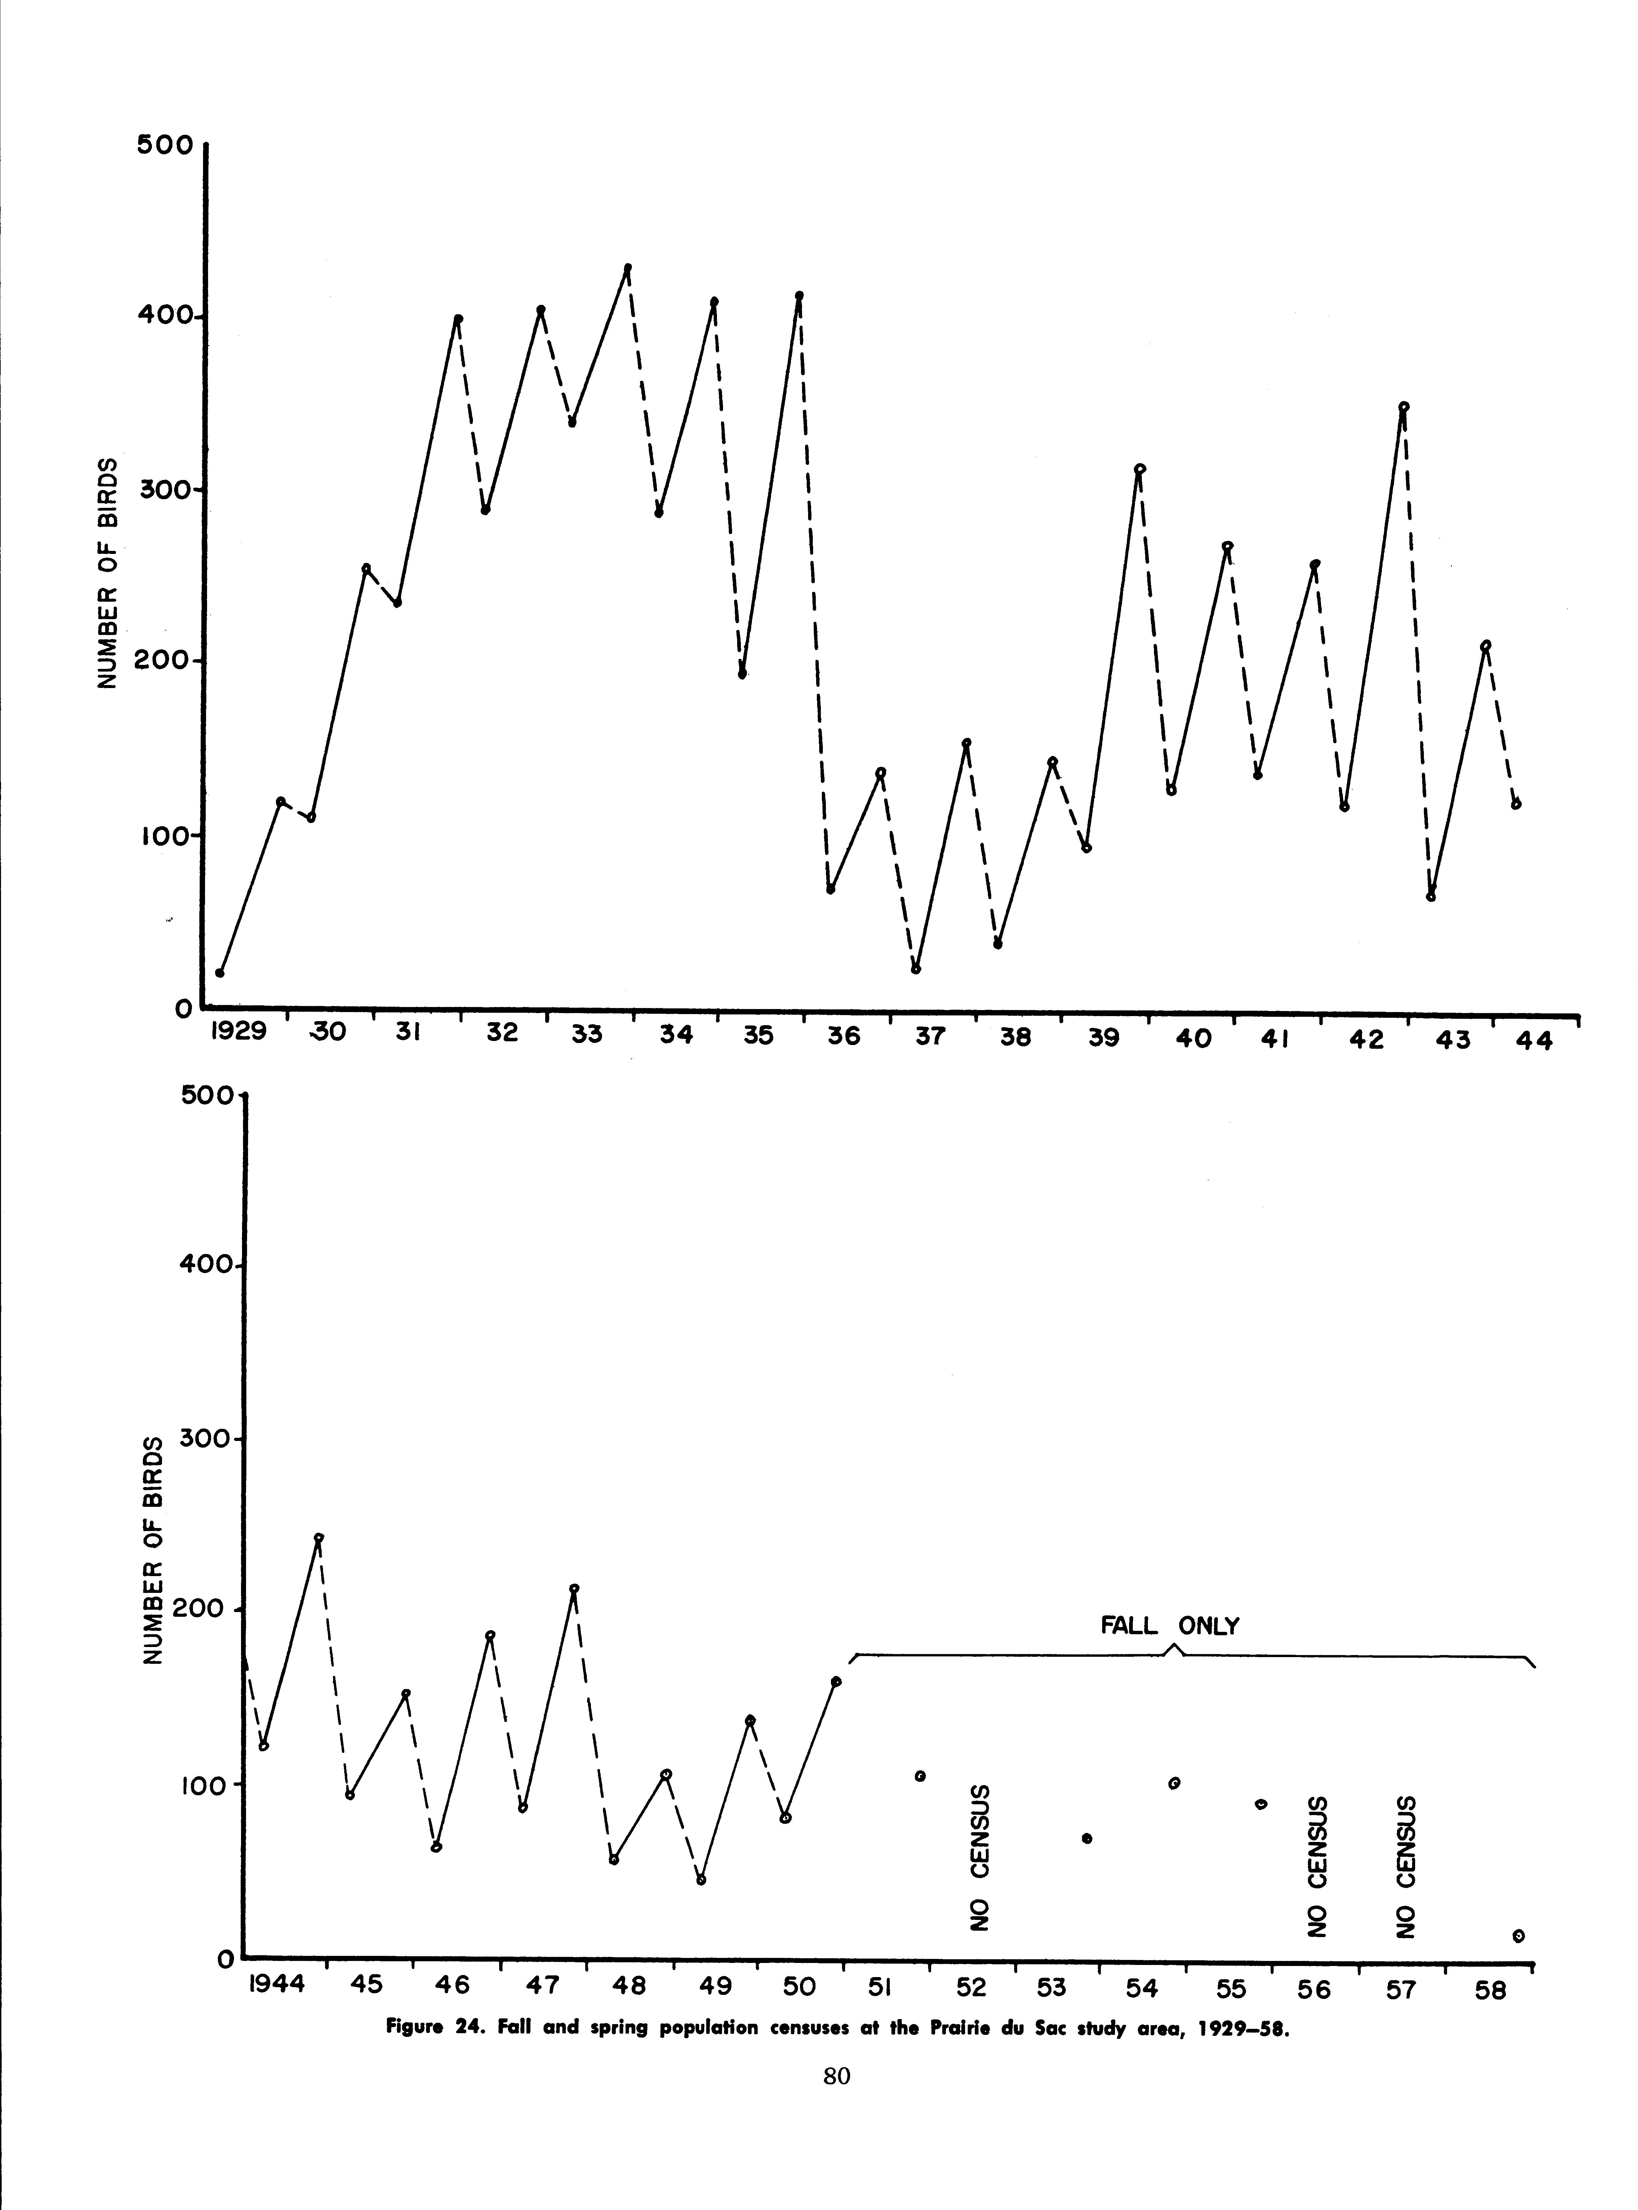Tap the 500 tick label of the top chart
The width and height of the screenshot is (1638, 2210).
click(167, 145)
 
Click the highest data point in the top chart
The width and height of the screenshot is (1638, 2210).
click(628, 268)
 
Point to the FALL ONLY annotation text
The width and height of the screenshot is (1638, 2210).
click(1170, 1626)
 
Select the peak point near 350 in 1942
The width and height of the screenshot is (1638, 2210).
click(1403, 406)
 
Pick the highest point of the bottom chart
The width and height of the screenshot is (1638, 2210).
click(318, 1538)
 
